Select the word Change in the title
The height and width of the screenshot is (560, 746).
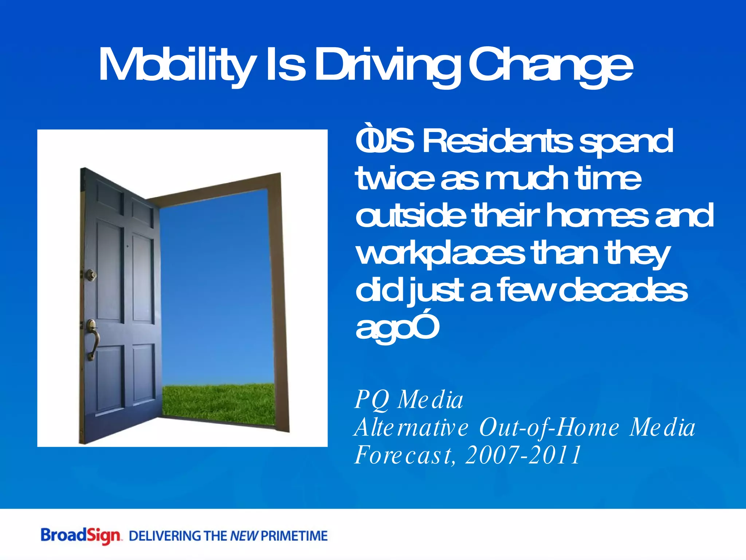point(550,66)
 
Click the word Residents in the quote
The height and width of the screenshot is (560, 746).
point(497,141)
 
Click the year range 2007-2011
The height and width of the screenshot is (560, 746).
point(523,455)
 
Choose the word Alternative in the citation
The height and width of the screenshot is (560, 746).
point(412,427)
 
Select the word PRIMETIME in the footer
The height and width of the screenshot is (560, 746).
point(294,536)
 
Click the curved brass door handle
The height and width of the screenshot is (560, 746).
point(93,339)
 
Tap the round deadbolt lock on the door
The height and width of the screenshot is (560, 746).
point(91,274)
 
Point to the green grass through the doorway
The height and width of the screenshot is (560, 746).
point(219,403)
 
